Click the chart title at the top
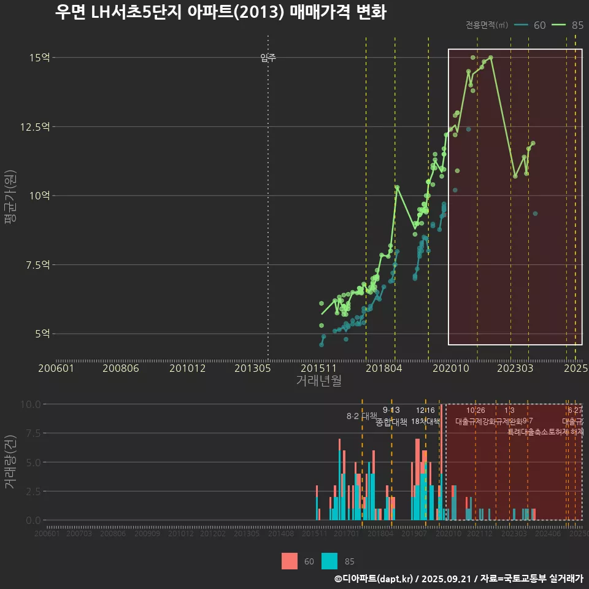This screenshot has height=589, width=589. pyautogui.click(x=220, y=13)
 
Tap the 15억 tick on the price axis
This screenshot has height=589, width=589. pyautogui.click(x=40, y=58)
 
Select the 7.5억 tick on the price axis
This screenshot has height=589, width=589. pyautogui.click(x=40, y=265)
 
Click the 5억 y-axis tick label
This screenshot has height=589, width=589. pyautogui.click(x=42, y=334)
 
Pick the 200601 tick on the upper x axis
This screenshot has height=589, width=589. pyautogui.click(x=56, y=368)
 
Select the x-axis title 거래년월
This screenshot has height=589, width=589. pyautogui.click(x=318, y=380)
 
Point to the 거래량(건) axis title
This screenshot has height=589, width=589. pyautogui.click(x=10, y=462)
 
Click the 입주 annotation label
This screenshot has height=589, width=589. pyautogui.click(x=268, y=58)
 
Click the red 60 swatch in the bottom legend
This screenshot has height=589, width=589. pyautogui.click(x=290, y=561)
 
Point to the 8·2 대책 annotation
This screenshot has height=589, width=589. pyautogui.click(x=361, y=416)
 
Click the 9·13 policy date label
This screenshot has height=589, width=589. pyautogui.click(x=391, y=410)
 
